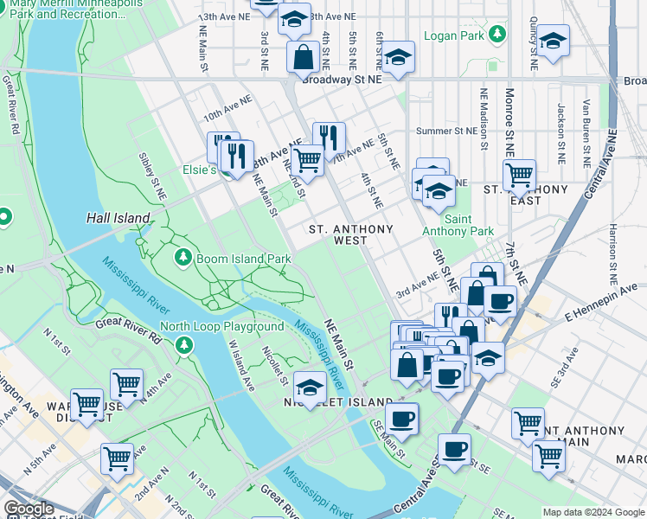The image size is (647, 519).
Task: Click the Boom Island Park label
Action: coord(244,258)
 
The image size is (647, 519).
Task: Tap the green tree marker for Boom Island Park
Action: coord(183,258)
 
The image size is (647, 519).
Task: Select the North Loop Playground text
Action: coord(221,326)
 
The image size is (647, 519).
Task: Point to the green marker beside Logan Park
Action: coord(496,35)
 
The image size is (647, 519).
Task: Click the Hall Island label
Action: coord(112,219)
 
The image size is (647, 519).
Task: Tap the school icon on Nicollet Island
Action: coord(310,386)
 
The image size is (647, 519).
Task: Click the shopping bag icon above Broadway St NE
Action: coord(304,58)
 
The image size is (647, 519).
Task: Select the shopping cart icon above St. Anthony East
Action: coord(519,175)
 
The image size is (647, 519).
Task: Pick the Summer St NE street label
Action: coord(446,131)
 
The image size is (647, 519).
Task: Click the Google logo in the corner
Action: coord(29,509)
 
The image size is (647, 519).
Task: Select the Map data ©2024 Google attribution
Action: coord(593,512)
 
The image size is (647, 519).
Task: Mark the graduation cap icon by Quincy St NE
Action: coord(553,41)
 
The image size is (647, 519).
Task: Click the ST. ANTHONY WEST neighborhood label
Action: coord(351,235)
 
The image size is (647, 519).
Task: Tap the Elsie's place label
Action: coord(198,170)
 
